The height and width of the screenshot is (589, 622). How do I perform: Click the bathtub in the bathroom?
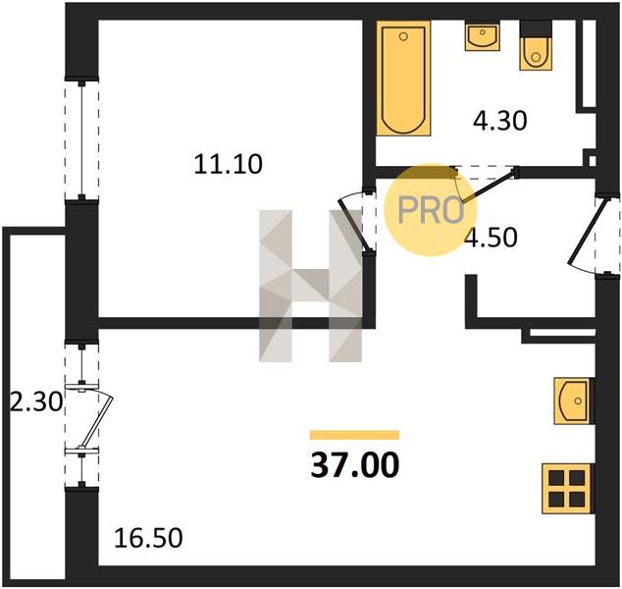(x=403, y=79)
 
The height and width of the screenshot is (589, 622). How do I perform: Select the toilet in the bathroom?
(x=536, y=45)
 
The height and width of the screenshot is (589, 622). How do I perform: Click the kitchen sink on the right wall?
(x=574, y=401)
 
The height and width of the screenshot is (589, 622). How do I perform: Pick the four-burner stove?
(x=568, y=489)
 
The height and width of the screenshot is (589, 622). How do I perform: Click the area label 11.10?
(x=228, y=164)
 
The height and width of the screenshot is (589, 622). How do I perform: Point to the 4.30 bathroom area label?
(x=499, y=121)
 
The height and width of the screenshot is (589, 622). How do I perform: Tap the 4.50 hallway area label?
(x=492, y=238)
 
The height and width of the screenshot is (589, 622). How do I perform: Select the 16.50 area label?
(x=148, y=538)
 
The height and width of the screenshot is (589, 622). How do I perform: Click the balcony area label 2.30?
(x=35, y=402)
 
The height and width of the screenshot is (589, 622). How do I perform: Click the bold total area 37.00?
(x=354, y=465)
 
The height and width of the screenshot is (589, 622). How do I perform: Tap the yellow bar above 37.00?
(x=354, y=435)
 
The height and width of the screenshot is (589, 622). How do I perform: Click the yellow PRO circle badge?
(x=431, y=209)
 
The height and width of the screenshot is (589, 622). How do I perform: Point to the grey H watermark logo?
(x=310, y=286)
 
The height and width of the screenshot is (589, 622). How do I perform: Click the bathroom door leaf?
(x=491, y=186)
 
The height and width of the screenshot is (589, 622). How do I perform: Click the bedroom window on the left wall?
(x=81, y=139)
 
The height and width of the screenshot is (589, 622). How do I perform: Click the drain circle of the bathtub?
(x=403, y=37)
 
